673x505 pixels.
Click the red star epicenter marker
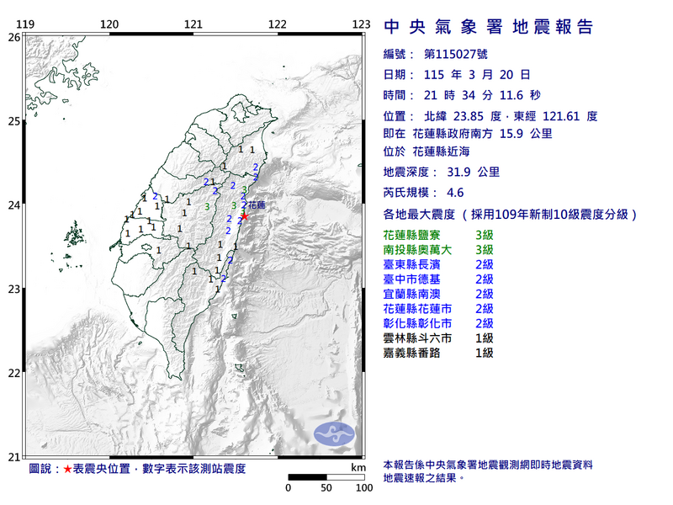click(x=244, y=216)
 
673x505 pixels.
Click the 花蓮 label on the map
click(x=256, y=205)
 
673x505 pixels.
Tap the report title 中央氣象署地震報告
click(x=488, y=28)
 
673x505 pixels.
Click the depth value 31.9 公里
click(x=469, y=172)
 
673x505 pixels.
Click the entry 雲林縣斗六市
click(x=421, y=338)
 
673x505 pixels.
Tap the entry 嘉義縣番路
click(x=416, y=353)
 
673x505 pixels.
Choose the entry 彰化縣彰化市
click(x=421, y=323)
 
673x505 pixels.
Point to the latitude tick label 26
click(x=13, y=37)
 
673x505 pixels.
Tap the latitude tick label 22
click(x=13, y=373)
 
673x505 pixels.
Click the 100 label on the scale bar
click(x=363, y=488)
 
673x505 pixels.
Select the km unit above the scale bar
click(x=358, y=466)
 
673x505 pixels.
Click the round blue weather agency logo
click(x=334, y=433)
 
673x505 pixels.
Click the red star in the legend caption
click(x=67, y=468)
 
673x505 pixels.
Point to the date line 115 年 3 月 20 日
click(x=471, y=75)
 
